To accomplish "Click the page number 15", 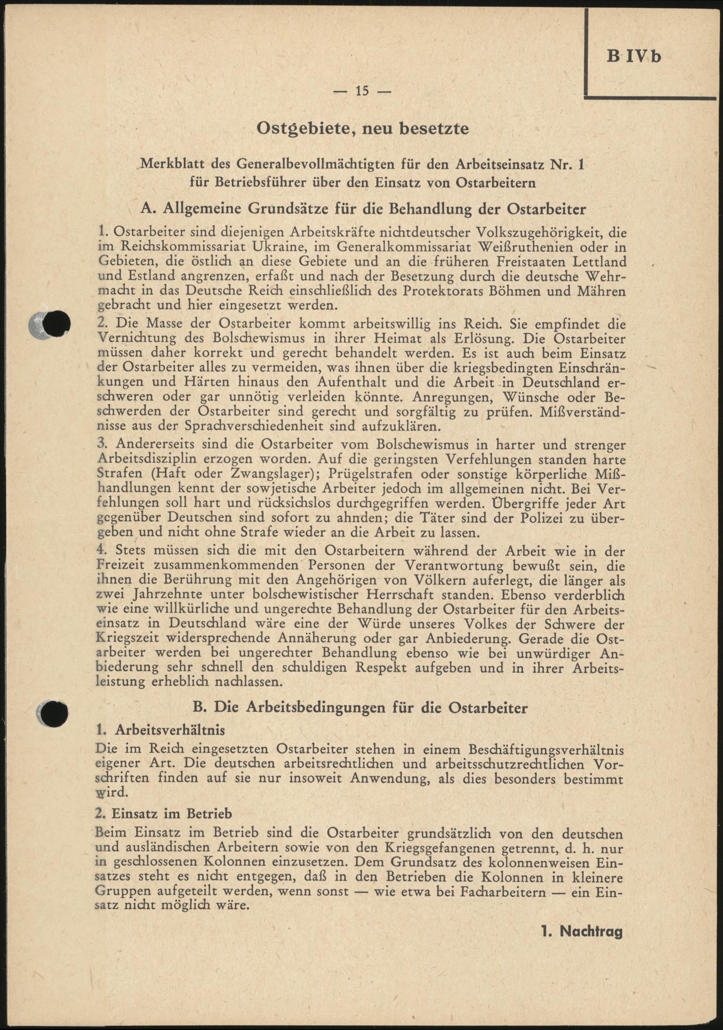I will (362, 91).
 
